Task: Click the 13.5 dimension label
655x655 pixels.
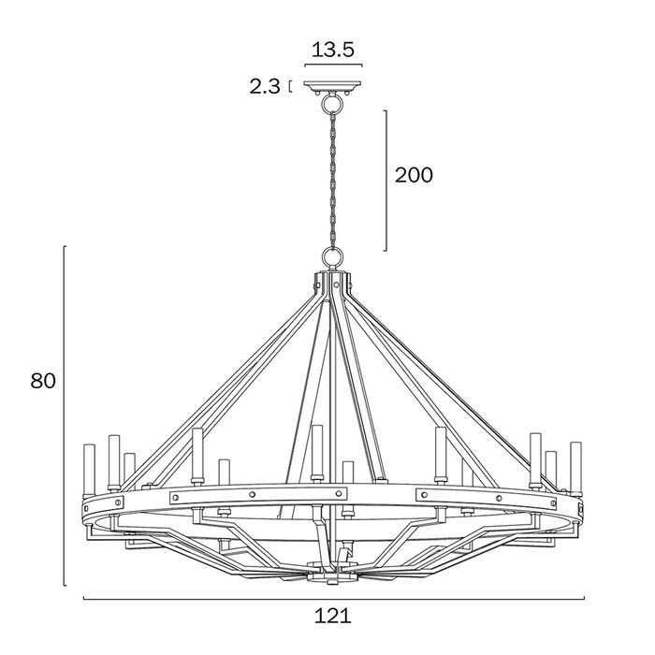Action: pyautogui.click(x=333, y=50)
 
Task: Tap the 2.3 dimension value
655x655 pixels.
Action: pyautogui.click(x=265, y=87)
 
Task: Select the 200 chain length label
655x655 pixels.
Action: pyautogui.click(x=414, y=175)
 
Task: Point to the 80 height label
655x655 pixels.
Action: pyautogui.click(x=43, y=381)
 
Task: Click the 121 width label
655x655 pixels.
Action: pyautogui.click(x=333, y=616)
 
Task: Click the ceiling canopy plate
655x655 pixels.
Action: pyautogui.click(x=333, y=86)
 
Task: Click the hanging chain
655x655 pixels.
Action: pyautogui.click(x=333, y=179)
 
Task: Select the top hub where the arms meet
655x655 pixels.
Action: pyautogui.click(x=332, y=284)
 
